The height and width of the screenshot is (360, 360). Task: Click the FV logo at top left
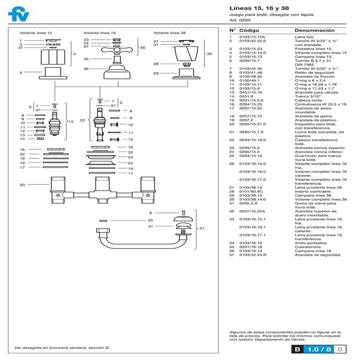coord(18,14)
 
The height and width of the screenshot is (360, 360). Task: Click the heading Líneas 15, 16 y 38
coord(253,8)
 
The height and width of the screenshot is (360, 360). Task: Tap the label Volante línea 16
coord(99,33)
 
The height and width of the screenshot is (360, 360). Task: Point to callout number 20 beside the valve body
coord(22,184)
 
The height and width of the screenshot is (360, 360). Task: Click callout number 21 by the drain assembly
coord(202,228)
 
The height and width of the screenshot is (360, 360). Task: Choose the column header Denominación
coord(315,30)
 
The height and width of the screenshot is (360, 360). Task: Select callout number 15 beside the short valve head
coord(71,121)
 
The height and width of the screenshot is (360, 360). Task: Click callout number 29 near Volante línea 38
coord(156,73)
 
